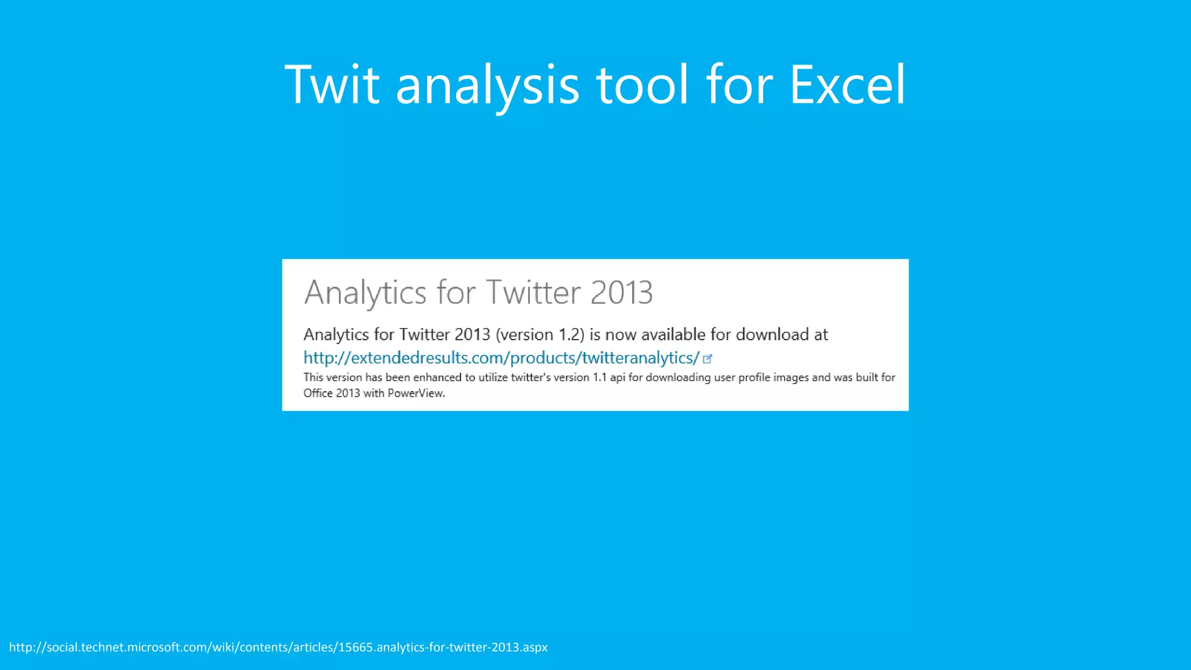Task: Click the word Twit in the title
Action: coord(332,85)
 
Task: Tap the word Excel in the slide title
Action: coord(847,85)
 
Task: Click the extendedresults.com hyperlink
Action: coord(501,358)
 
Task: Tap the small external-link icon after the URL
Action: coord(708,359)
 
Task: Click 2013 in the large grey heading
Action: coord(621,292)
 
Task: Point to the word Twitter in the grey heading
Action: coord(533,292)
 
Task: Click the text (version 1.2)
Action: coord(540,335)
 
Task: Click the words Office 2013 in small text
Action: coord(331,393)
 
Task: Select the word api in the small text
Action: coord(617,378)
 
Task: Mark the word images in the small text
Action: coord(790,378)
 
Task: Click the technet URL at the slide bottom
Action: coord(278,647)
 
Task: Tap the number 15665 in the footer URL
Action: coord(355,647)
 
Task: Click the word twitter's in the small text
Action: coord(530,377)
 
